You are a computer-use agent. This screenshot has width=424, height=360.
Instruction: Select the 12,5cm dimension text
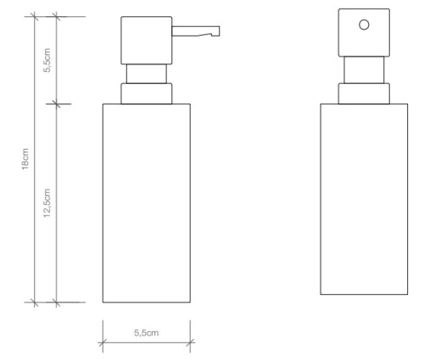[x=48, y=203]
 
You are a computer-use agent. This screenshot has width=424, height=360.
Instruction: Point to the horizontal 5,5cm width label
[x=146, y=332]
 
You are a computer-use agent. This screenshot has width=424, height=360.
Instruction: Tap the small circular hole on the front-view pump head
[x=364, y=25]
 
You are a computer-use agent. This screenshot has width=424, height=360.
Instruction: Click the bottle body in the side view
[x=146, y=203]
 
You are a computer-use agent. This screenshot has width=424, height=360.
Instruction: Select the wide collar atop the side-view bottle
[x=148, y=92]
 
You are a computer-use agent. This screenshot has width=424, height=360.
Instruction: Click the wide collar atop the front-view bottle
[x=364, y=93]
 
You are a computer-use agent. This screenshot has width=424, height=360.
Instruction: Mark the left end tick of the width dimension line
[x=102, y=343]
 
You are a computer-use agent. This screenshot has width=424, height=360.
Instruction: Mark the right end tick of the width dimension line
[x=191, y=343]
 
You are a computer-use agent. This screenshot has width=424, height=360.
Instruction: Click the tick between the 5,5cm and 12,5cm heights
[x=57, y=103]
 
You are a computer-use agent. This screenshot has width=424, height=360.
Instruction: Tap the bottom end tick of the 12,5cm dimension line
[x=57, y=302]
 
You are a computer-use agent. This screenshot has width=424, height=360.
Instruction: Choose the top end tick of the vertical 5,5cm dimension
[x=57, y=16]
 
